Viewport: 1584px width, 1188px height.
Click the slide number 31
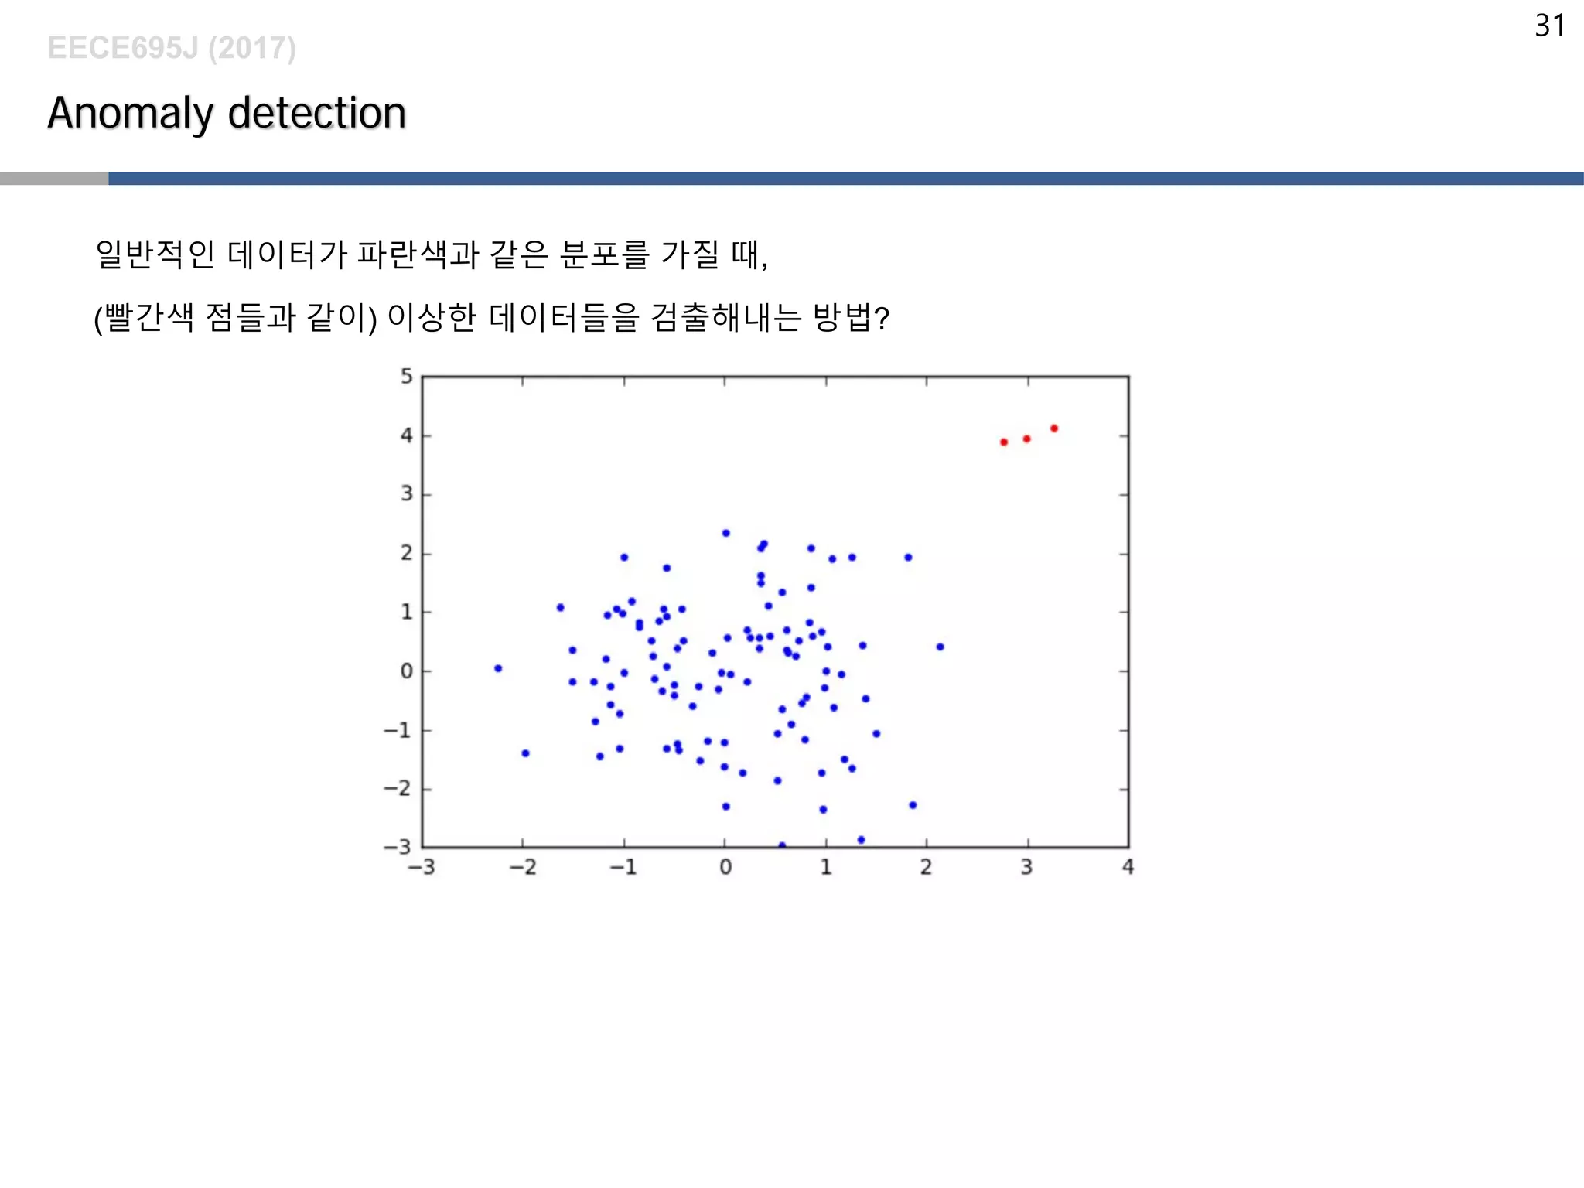(x=1549, y=26)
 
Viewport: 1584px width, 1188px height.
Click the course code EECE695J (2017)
(x=171, y=48)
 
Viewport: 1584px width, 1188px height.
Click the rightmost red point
(x=1053, y=428)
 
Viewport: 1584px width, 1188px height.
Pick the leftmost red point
(x=1003, y=442)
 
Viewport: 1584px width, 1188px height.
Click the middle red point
(x=1026, y=439)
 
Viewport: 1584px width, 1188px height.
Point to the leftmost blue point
(x=498, y=668)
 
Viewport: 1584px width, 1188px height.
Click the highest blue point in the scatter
(x=725, y=533)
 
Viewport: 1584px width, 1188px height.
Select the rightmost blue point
(x=940, y=647)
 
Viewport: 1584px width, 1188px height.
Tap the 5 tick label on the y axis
(x=406, y=377)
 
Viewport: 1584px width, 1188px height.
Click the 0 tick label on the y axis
(x=406, y=671)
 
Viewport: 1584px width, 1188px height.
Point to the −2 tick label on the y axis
(x=398, y=789)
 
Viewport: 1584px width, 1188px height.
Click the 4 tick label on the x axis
(x=1128, y=867)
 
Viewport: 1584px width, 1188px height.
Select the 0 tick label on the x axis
(x=725, y=867)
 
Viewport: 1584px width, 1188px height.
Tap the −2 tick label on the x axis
(x=522, y=867)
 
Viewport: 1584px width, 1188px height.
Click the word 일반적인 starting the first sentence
(x=155, y=254)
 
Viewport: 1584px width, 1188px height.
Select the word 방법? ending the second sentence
(x=851, y=317)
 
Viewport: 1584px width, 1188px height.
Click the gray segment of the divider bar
(x=54, y=179)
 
